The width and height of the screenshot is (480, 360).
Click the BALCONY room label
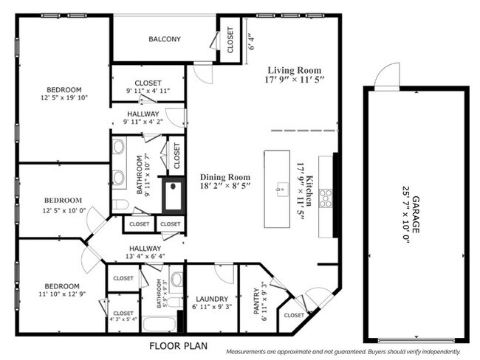tap(165, 39)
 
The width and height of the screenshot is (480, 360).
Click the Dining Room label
tap(225, 177)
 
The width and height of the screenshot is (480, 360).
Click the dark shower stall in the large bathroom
tap(173, 195)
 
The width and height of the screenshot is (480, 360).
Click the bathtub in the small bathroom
tap(159, 324)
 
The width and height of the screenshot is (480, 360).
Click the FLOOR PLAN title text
tap(179, 346)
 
